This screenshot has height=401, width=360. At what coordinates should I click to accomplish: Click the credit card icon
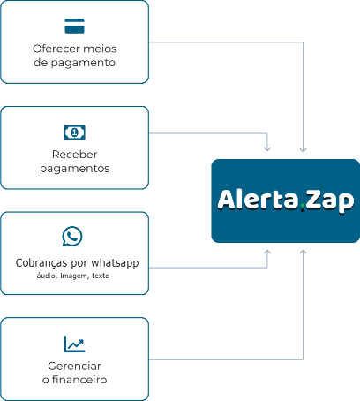pos(74,26)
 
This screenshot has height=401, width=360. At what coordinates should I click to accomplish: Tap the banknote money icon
pos(74,132)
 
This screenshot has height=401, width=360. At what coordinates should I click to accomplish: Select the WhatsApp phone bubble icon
pos(72,236)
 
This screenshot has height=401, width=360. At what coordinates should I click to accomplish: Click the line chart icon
pos(74,344)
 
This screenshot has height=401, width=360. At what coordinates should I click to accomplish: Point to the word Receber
pos(74,155)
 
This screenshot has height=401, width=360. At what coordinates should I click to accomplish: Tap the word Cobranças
pos(41,263)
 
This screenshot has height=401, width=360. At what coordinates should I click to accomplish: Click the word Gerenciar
pos(74,366)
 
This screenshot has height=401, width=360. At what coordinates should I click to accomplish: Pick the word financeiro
pos(79,380)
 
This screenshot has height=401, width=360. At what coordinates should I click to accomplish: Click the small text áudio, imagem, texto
pos(73,276)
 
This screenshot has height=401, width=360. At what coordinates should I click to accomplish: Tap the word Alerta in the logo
pos(258,200)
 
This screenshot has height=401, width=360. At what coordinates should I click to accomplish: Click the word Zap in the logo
pos(330,201)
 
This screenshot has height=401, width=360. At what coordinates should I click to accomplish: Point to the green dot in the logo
pos(303,209)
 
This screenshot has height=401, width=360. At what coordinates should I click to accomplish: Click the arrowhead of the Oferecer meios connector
pos(303,149)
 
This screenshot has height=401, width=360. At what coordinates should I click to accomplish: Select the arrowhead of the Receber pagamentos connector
pos(267,149)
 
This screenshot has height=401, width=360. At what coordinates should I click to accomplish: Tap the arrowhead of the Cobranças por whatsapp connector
pos(267,253)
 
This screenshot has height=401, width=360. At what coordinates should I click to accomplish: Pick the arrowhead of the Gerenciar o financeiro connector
pos(303,253)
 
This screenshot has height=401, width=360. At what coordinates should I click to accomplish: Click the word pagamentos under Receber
pos(75,169)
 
